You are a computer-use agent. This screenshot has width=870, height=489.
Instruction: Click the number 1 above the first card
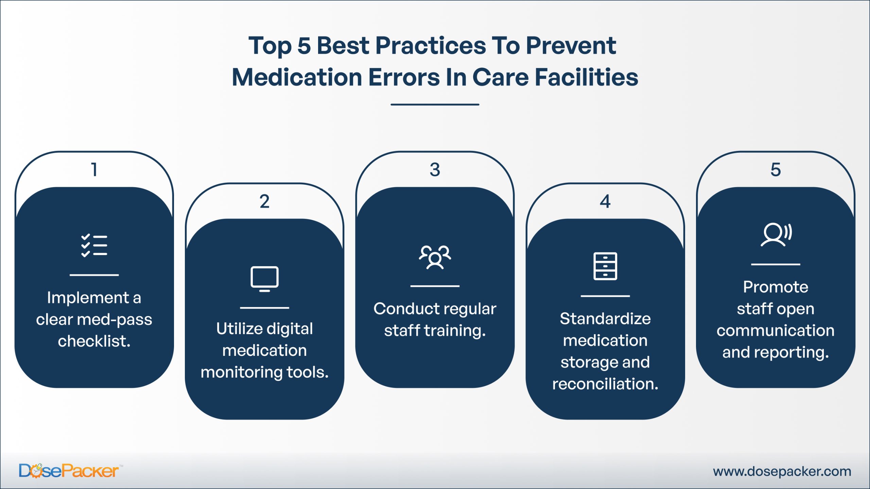[x=94, y=169]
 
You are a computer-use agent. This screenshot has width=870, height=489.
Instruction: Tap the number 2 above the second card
[x=264, y=201]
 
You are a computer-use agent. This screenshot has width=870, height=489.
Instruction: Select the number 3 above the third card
[x=435, y=169]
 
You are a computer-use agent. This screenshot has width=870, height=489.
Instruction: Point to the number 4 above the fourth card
[x=605, y=201]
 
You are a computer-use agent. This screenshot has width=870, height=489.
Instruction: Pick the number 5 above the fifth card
[x=776, y=169]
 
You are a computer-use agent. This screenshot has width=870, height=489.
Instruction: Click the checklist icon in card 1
[x=94, y=245]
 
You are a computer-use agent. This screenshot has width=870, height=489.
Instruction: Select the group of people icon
[x=435, y=257]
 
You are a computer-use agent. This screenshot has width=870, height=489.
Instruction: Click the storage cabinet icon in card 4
[x=605, y=266]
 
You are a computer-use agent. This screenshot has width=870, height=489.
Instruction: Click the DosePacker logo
[x=69, y=471]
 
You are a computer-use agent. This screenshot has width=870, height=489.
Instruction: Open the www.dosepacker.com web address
[x=782, y=471]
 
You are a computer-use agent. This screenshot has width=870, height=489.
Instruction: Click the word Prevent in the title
[x=571, y=46]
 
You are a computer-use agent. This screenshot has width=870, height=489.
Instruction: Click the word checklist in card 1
[x=94, y=341]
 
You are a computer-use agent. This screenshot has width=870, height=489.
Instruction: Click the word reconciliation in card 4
[x=605, y=384]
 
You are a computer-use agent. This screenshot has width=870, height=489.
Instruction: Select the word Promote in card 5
[x=776, y=287]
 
